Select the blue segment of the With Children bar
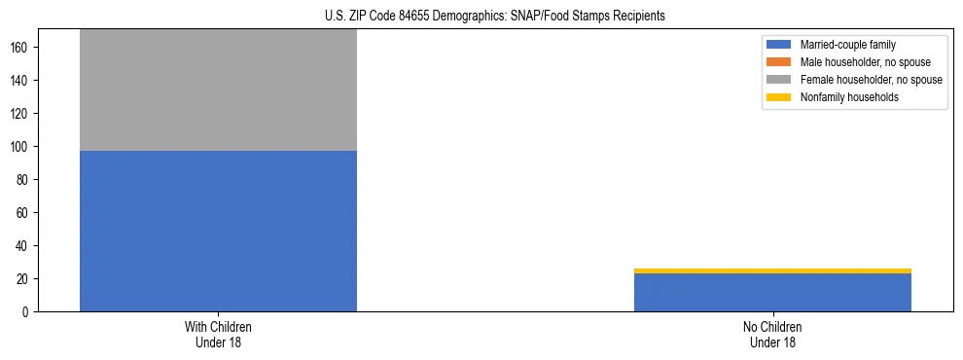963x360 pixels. [x=218, y=231]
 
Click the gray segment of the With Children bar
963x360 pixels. [x=218, y=90]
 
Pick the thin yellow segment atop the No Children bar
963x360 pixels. [x=772, y=270]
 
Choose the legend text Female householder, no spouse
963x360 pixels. [x=871, y=80]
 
